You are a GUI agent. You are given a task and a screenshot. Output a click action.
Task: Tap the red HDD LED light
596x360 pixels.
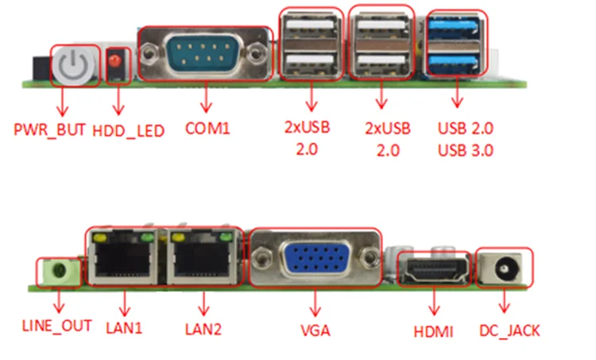pyautogui.click(x=118, y=62)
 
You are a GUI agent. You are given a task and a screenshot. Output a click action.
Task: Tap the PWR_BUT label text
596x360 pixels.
pyautogui.click(x=48, y=128)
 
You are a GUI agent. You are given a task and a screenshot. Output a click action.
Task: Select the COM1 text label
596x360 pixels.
pyautogui.click(x=207, y=127)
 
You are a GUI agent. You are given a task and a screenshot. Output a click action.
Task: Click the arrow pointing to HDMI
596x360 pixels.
pyautogui.click(x=434, y=302)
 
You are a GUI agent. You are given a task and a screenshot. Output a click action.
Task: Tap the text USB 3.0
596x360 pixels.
pyautogui.click(x=465, y=148)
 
